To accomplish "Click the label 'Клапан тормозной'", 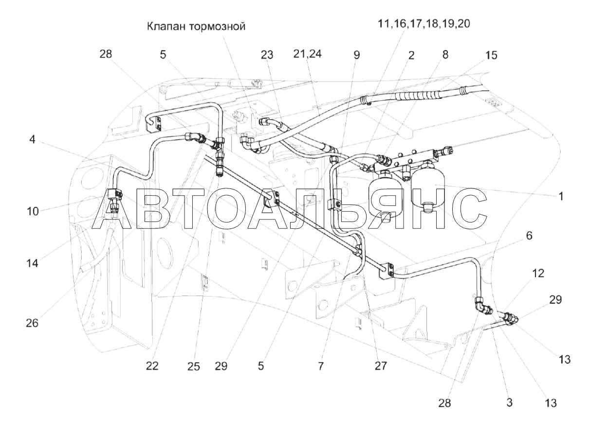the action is tap(196, 27).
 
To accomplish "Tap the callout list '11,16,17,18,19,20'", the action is tap(424, 24).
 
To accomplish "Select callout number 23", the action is tap(267, 55).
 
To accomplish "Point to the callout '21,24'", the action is tap(307, 54).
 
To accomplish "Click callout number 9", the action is tap(356, 55).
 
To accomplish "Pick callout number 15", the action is tap(491, 55).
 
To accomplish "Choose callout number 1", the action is tap(561, 196).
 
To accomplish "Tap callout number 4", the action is tap(32, 139).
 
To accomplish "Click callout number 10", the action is tap(33, 211).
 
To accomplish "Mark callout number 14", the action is tap(32, 263).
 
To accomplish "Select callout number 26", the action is tap(32, 323).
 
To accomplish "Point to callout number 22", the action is tap(152, 366).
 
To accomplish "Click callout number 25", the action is tap(194, 367).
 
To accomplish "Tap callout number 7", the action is tap(320, 366).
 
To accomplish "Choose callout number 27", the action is tap(381, 366).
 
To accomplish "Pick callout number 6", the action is tap(529, 235).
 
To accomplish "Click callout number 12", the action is tap(538, 273).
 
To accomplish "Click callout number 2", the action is tap(411, 55).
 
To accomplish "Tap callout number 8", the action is tap(445, 55).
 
